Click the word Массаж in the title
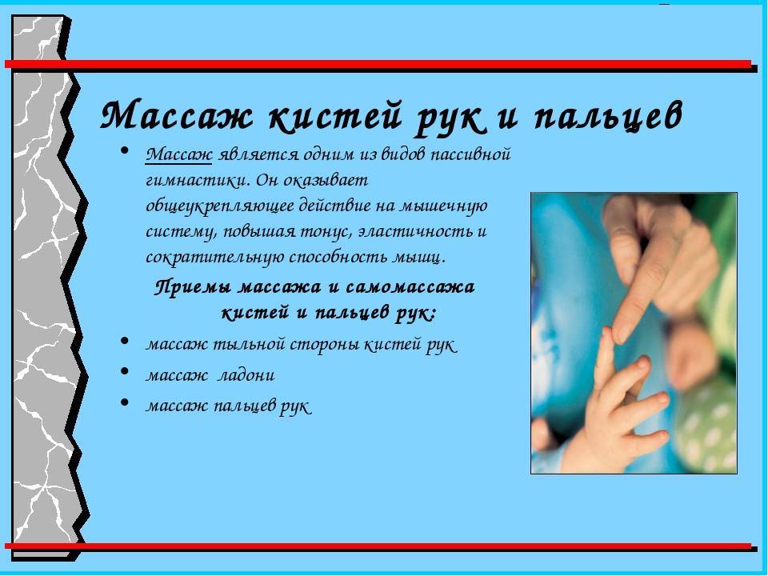pyautogui.click(x=177, y=115)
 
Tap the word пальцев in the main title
pyautogui.click(x=608, y=117)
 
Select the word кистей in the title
pyautogui.click(x=335, y=116)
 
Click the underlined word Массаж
pyautogui.click(x=178, y=154)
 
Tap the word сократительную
pyautogui.click(x=214, y=258)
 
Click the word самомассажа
pyautogui.click(x=410, y=287)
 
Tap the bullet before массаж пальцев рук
pyautogui.click(x=125, y=402)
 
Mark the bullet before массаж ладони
pyautogui.click(x=125, y=371)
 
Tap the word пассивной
pyautogui.click(x=470, y=155)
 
